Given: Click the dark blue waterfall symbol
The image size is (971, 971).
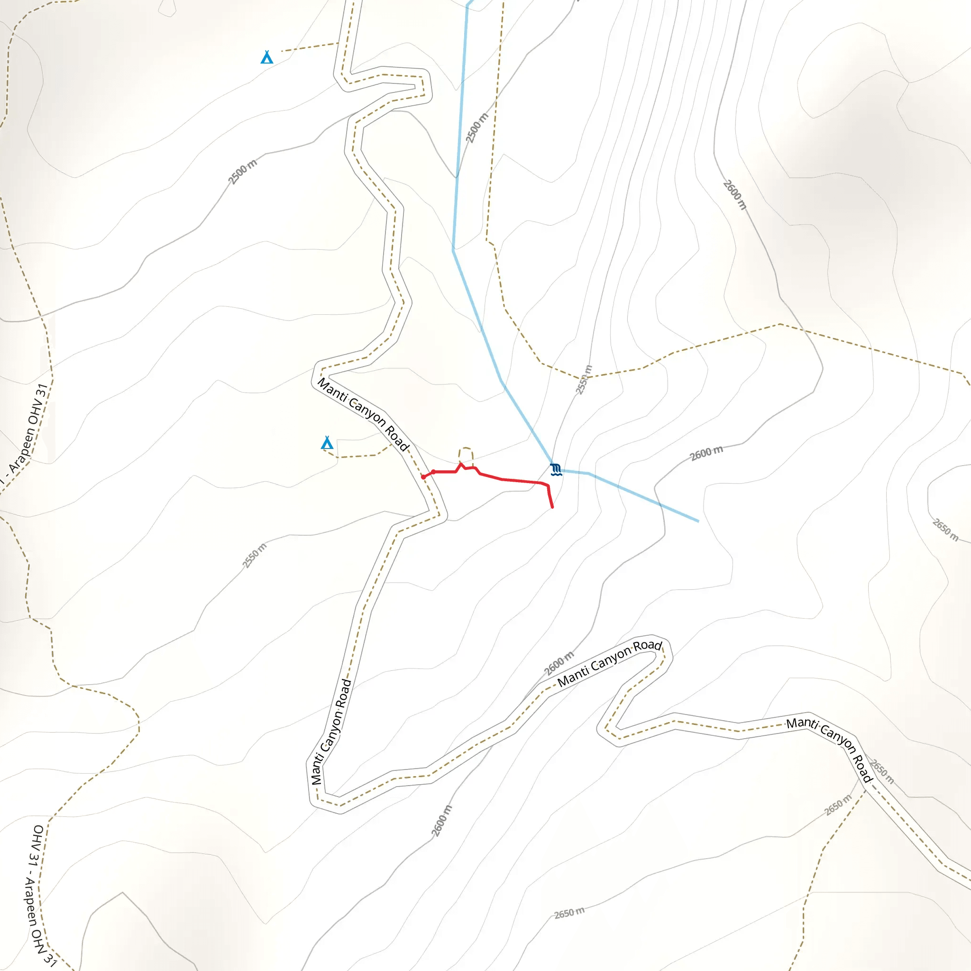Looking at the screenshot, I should (x=555, y=469).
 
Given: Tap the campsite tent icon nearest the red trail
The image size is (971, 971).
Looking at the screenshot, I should (x=327, y=443).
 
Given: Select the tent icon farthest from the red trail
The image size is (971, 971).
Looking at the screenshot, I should (x=267, y=57).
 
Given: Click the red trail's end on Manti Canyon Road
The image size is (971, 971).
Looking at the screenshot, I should (x=424, y=477).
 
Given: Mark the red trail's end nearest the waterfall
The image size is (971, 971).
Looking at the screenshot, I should (x=552, y=508).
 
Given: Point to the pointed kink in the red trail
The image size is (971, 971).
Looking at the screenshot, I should (x=460, y=464).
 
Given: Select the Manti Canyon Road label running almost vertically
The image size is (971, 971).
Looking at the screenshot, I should (x=331, y=732).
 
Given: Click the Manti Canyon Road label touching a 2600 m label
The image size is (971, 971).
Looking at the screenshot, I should (x=610, y=663).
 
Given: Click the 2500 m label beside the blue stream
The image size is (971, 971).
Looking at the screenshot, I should (x=476, y=128).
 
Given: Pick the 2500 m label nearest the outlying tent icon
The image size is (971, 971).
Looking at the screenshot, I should (x=242, y=172).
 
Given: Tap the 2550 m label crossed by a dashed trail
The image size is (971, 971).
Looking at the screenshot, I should (x=584, y=380).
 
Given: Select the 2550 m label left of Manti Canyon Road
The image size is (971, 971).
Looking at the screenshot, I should (x=254, y=556).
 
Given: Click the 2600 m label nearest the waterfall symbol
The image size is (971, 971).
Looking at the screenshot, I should (x=706, y=453).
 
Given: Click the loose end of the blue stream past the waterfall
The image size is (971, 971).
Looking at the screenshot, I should (x=698, y=521).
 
